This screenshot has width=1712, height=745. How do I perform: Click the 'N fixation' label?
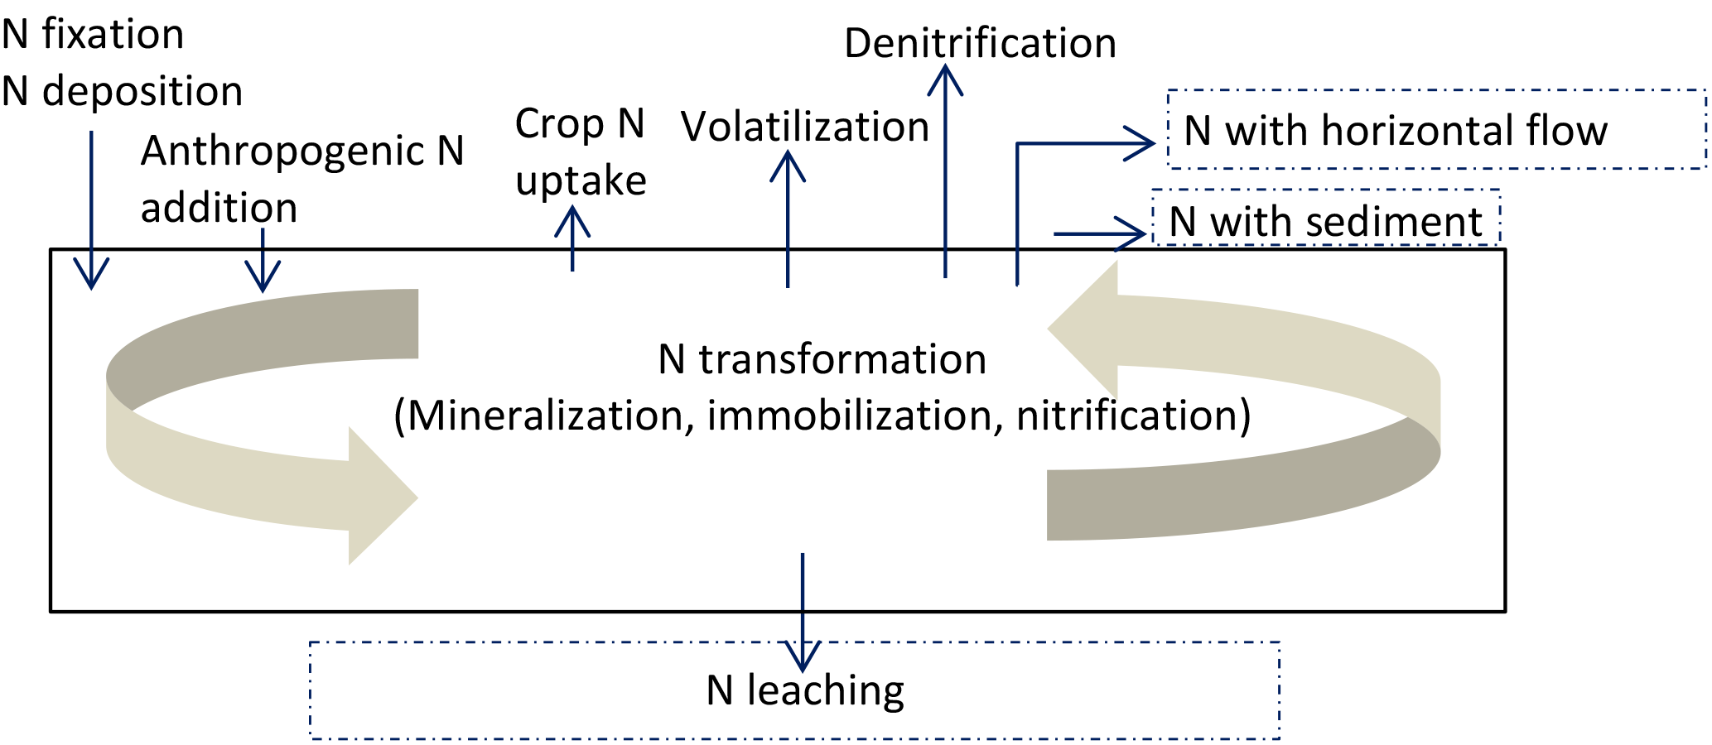[x=93, y=35]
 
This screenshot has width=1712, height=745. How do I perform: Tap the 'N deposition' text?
[x=123, y=91]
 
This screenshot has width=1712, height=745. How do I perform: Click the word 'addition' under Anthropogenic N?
[x=219, y=208]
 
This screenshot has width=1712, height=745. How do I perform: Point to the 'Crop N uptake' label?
[x=580, y=152]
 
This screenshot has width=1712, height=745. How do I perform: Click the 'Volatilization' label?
[x=805, y=127]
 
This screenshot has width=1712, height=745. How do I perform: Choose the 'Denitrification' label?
[x=980, y=43]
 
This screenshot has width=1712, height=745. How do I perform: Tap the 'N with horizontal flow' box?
[x=1435, y=130]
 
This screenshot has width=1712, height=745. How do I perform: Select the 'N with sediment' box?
[x=1325, y=220]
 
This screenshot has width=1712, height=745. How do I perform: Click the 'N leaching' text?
[x=805, y=690]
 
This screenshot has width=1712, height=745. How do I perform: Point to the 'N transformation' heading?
[x=822, y=360]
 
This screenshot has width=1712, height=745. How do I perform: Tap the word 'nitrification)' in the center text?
[x=1133, y=416]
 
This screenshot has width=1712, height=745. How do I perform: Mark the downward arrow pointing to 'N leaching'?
[x=803, y=613]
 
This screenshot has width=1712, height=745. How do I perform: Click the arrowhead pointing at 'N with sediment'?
[x=1130, y=233]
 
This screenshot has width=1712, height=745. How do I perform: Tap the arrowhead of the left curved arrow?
[x=381, y=497]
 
